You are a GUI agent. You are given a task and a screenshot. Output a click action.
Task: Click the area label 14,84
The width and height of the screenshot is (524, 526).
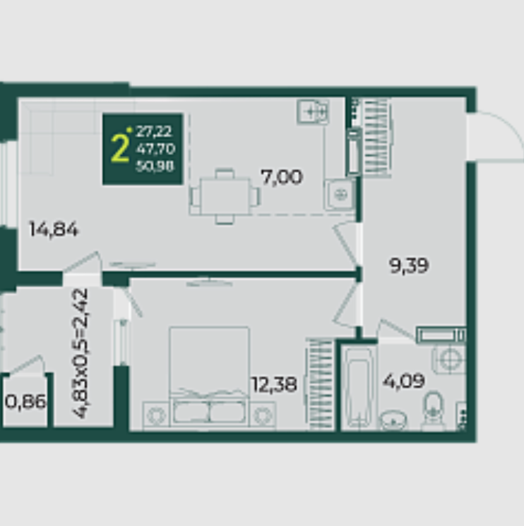click(54, 229)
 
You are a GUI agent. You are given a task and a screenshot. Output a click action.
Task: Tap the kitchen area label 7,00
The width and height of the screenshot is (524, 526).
click(282, 177)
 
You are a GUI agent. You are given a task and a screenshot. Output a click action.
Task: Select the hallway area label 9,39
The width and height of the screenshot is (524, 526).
click(409, 265)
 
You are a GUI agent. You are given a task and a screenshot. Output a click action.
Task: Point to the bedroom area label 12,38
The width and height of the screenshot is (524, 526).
click(274, 384)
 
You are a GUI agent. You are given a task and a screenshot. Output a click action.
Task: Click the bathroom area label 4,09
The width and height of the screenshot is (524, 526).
click(404, 381)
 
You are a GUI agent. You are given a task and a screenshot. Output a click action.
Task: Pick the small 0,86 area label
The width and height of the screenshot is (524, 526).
click(25, 401)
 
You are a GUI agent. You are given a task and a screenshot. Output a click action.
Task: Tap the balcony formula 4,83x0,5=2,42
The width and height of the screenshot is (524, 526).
click(80, 353)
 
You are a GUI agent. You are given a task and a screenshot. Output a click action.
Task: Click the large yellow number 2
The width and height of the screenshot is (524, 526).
click(119, 147)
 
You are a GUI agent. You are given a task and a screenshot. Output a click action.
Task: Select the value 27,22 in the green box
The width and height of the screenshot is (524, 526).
click(154, 131)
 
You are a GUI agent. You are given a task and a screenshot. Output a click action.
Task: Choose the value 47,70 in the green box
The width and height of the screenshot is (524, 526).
click(155, 149)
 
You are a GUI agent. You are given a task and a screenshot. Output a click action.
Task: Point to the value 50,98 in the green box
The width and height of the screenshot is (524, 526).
click(155, 166)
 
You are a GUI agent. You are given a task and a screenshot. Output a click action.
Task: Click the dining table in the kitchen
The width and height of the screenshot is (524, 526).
click(225, 196)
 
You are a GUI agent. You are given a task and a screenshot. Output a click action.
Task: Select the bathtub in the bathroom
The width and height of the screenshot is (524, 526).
click(359, 388)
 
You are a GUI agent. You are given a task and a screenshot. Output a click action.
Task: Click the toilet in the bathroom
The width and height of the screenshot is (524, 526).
click(434, 410)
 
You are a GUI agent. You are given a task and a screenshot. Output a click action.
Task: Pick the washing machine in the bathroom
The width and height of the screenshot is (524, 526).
click(449, 360)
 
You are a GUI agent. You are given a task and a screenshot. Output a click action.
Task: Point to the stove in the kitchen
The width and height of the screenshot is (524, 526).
click(313, 111)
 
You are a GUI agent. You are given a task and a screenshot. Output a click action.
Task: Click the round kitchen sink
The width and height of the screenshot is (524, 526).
click(340, 194)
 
